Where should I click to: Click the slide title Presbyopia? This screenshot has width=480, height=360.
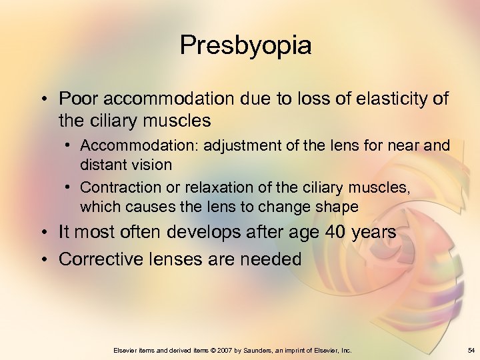245,45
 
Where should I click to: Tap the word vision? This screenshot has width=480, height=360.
150,163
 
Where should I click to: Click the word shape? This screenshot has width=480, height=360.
339,207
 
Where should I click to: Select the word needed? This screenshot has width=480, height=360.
268,259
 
